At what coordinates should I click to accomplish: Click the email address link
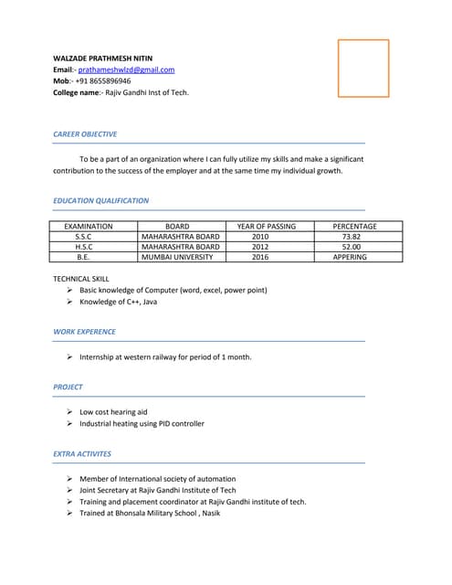click(x=126, y=69)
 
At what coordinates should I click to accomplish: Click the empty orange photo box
click(x=363, y=69)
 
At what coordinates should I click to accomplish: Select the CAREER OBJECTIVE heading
click(x=85, y=134)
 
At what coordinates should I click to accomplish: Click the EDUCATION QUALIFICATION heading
click(x=100, y=200)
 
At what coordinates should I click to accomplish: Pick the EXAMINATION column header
click(x=89, y=226)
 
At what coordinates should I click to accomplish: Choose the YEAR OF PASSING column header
click(x=266, y=226)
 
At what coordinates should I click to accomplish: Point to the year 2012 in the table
click(x=260, y=247)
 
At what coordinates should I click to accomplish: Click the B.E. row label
click(x=83, y=257)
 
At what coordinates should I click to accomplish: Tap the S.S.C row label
click(x=83, y=236)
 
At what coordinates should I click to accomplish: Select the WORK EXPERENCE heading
click(x=84, y=332)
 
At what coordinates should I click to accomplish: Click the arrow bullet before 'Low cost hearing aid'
click(x=70, y=411)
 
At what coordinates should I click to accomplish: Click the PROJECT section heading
click(x=68, y=387)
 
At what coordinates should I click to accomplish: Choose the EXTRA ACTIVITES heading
click(x=82, y=453)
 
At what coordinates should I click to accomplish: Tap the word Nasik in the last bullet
click(x=210, y=513)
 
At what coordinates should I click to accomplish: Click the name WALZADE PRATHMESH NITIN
click(x=102, y=58)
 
